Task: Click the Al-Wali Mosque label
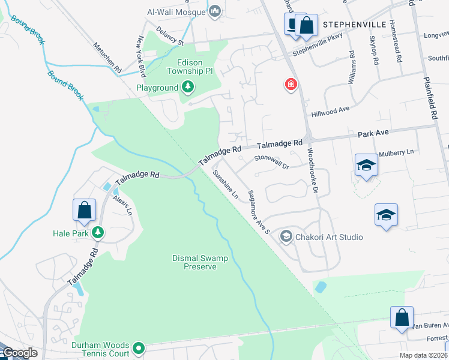click(176, 11)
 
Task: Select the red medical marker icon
click(291, 84)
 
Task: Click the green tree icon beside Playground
click(188, 88)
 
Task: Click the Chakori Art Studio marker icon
click(286, 237)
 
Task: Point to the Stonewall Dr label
click(271, 161)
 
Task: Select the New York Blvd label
click(142, 57)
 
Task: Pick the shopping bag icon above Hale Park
click(84, 210)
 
